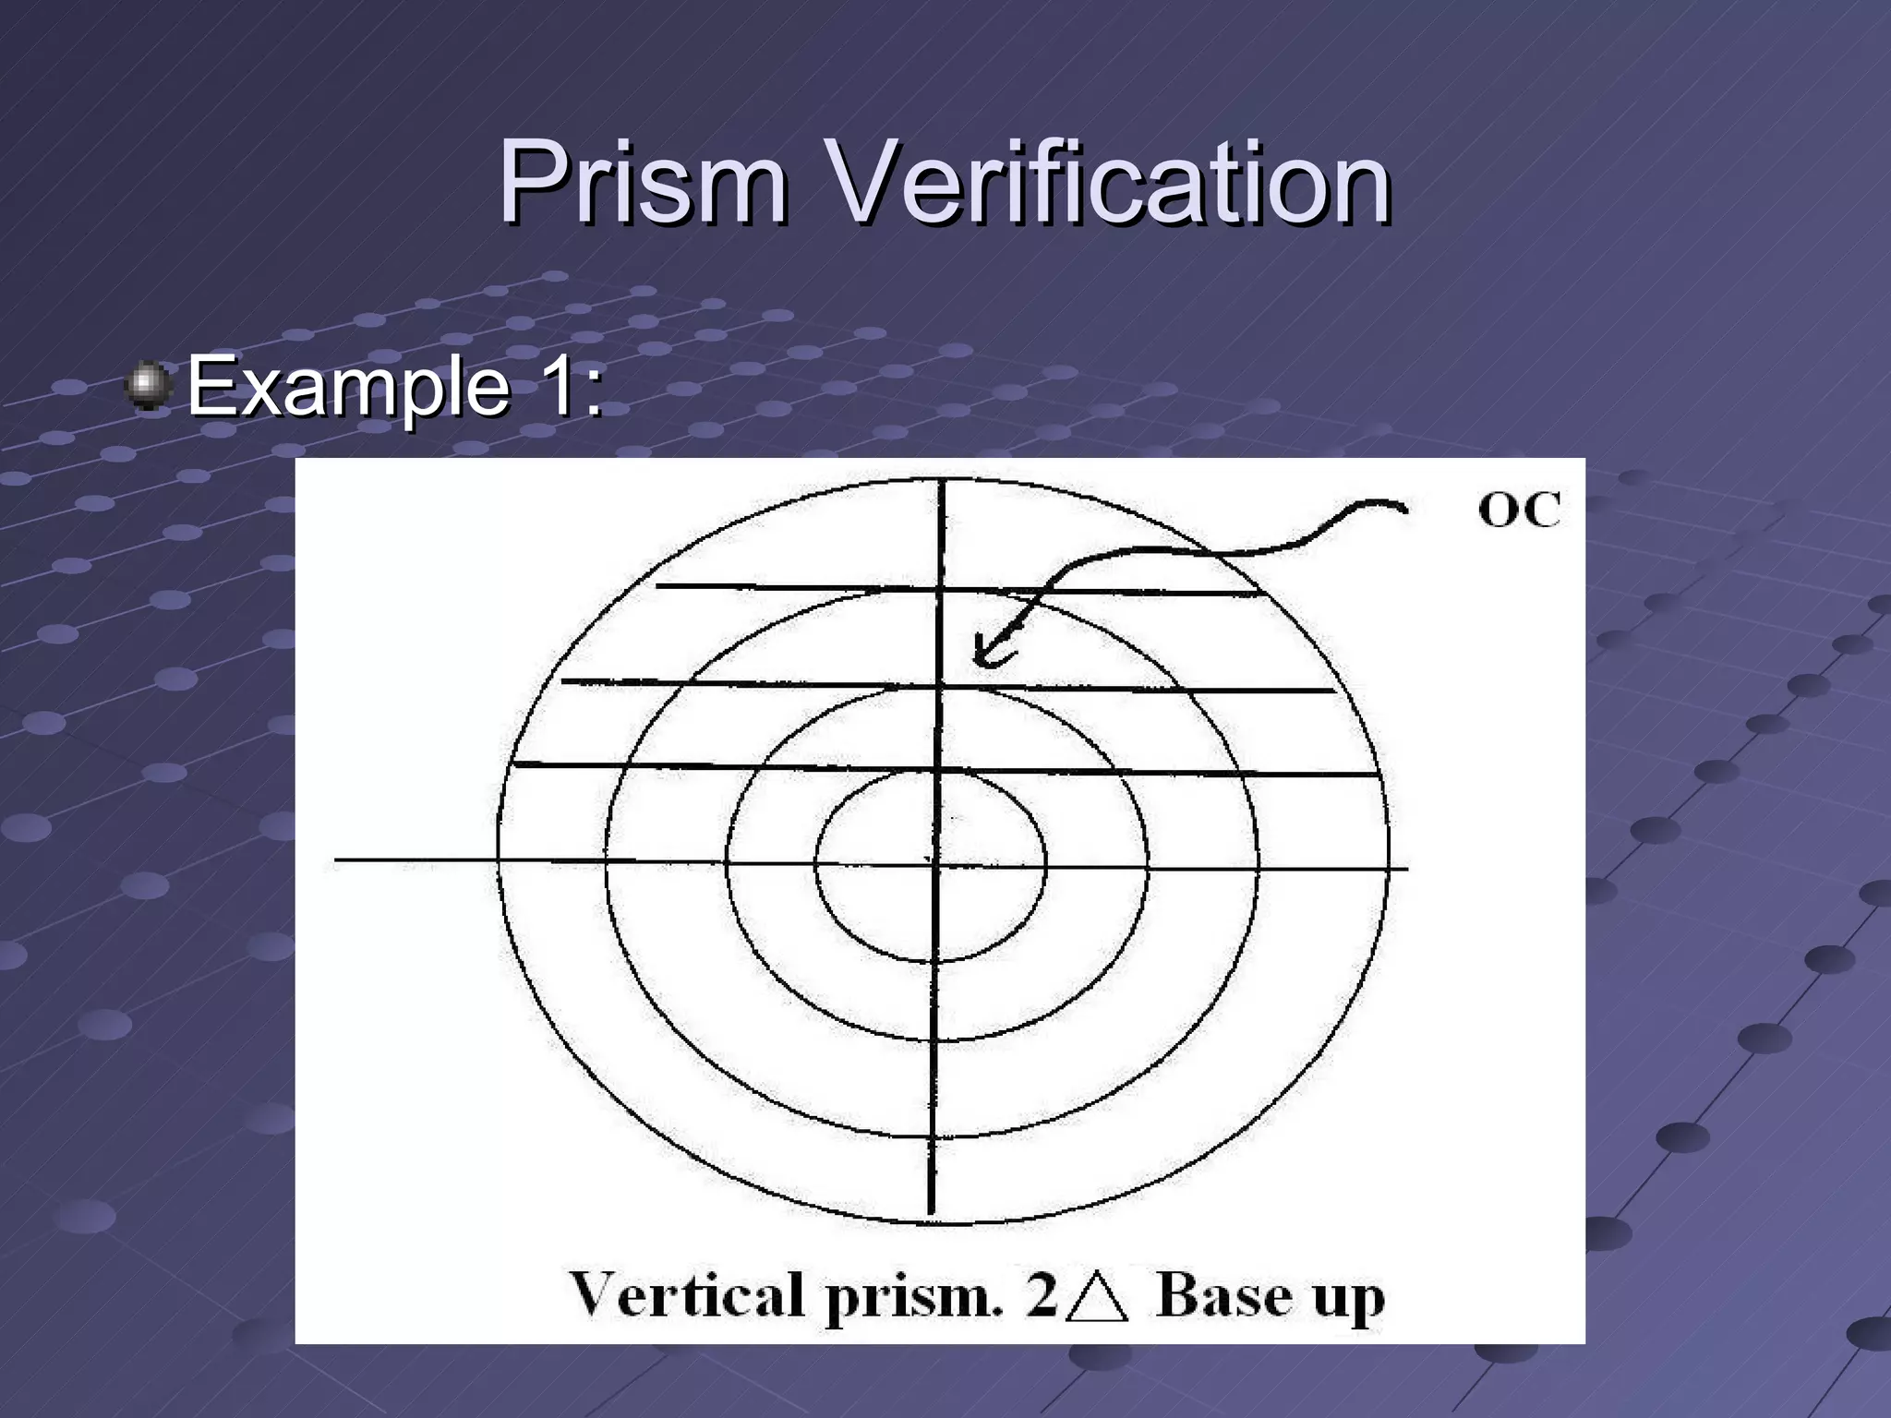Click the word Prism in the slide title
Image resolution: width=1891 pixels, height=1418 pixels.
(644, 182)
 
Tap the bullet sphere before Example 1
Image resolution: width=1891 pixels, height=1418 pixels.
(147, 386)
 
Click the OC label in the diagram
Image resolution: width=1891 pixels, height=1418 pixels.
(1519, 511)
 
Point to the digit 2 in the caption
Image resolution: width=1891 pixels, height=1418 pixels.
(1042, 1294)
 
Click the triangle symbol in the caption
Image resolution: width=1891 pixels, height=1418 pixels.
(1098, 1296)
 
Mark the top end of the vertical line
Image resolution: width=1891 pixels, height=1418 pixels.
(942, 481)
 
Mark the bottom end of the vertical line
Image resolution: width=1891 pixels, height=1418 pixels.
(931, 1213)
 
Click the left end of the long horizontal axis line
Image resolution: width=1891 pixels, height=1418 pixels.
(336, 860)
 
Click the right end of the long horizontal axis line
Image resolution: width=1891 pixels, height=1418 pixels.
(1407, 868)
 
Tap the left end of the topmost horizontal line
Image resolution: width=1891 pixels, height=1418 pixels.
(656, 585)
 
